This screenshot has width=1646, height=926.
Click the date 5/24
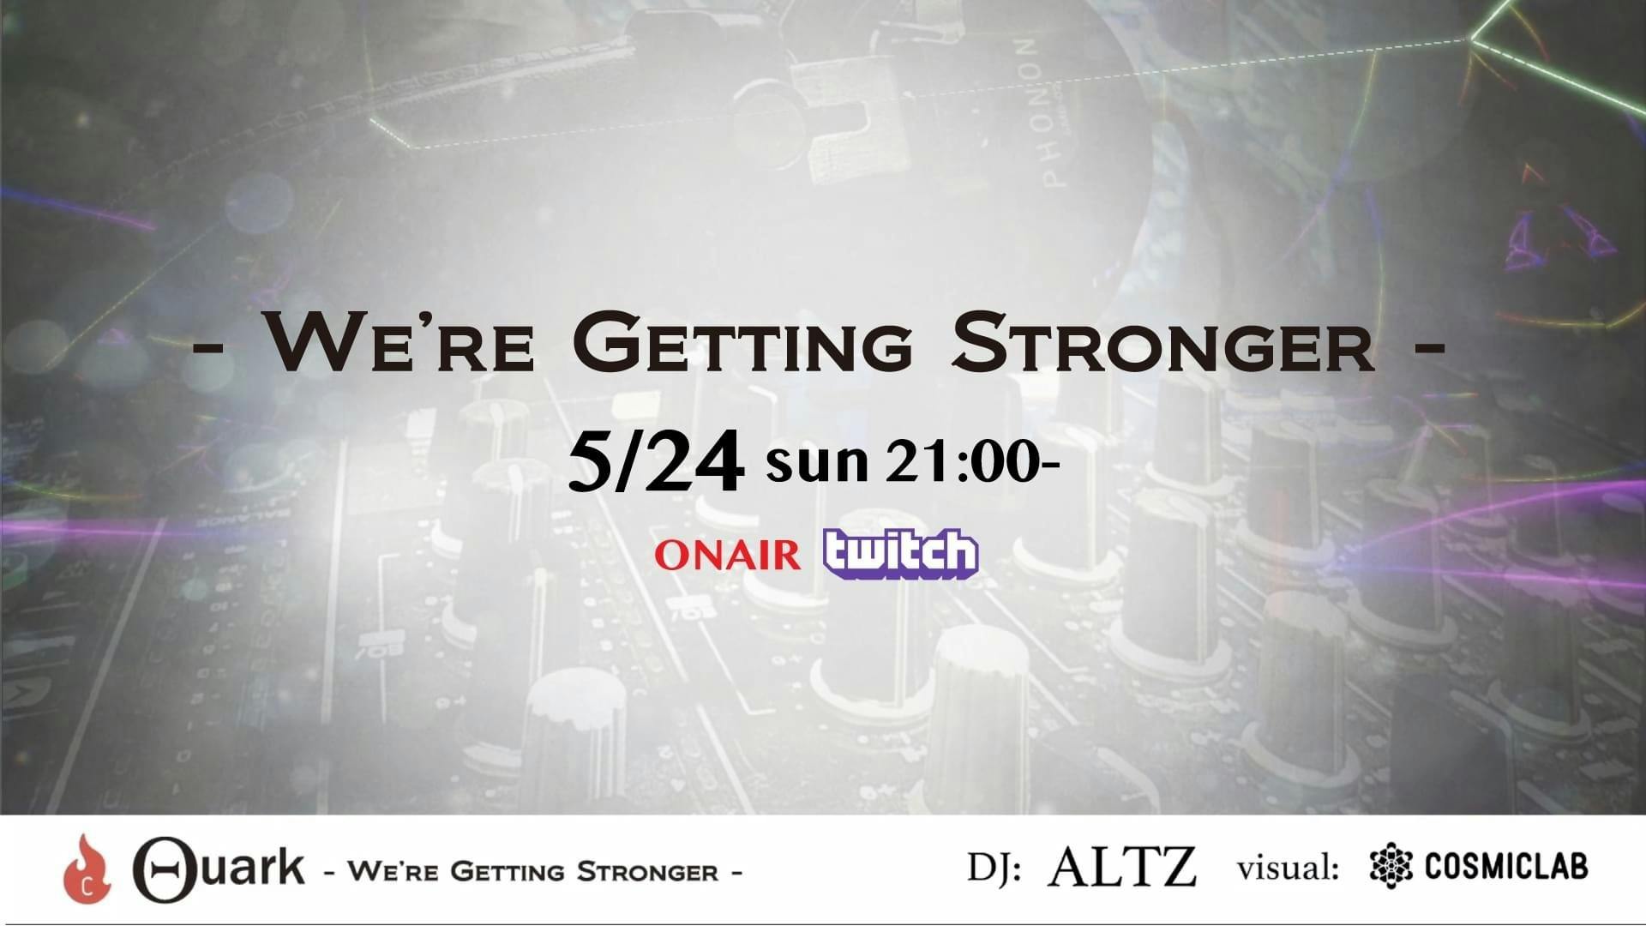[655, 463]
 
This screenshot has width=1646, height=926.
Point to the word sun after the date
[817, 464]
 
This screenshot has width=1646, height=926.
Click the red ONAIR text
[727, 556]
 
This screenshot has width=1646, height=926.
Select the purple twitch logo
[900, 554]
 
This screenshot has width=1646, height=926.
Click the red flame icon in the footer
[86, 869]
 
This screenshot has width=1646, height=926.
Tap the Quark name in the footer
[218, 867]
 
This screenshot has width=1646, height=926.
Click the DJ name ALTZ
[1121, 867]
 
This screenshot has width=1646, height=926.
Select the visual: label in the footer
[1288, 868]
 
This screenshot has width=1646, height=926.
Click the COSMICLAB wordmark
[1506, 867]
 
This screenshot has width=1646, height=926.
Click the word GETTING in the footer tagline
[507, 873]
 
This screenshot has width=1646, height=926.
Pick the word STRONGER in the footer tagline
[648, 873]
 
